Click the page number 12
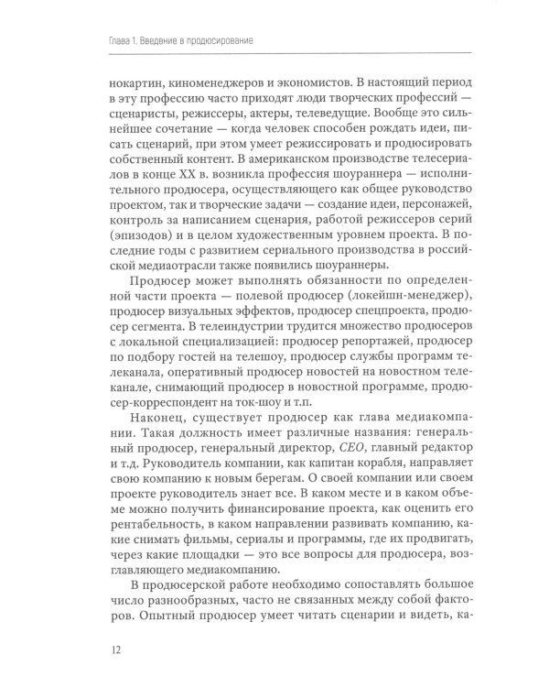(x=113, y=650)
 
